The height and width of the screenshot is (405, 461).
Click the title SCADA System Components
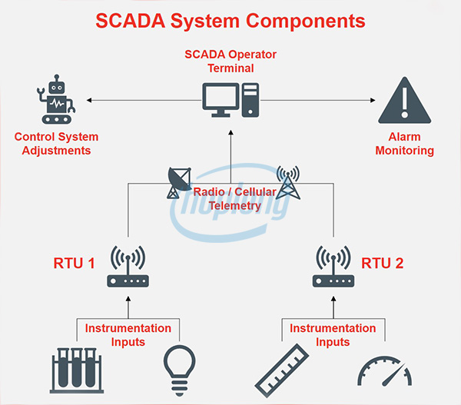[230, 21]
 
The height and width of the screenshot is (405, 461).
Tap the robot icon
[57, 101]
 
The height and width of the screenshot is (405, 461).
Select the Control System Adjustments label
[57, 144]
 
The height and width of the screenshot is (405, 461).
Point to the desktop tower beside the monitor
[250, 101]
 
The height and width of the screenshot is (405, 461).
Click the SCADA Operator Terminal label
[230, 61]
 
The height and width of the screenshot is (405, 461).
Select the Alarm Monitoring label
[404, 144]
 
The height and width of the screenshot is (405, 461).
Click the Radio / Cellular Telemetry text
[231, 199]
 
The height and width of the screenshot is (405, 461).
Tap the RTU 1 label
[74, 264]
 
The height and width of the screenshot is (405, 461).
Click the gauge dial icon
[386, 373]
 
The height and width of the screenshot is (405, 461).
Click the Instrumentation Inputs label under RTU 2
[333, 334]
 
